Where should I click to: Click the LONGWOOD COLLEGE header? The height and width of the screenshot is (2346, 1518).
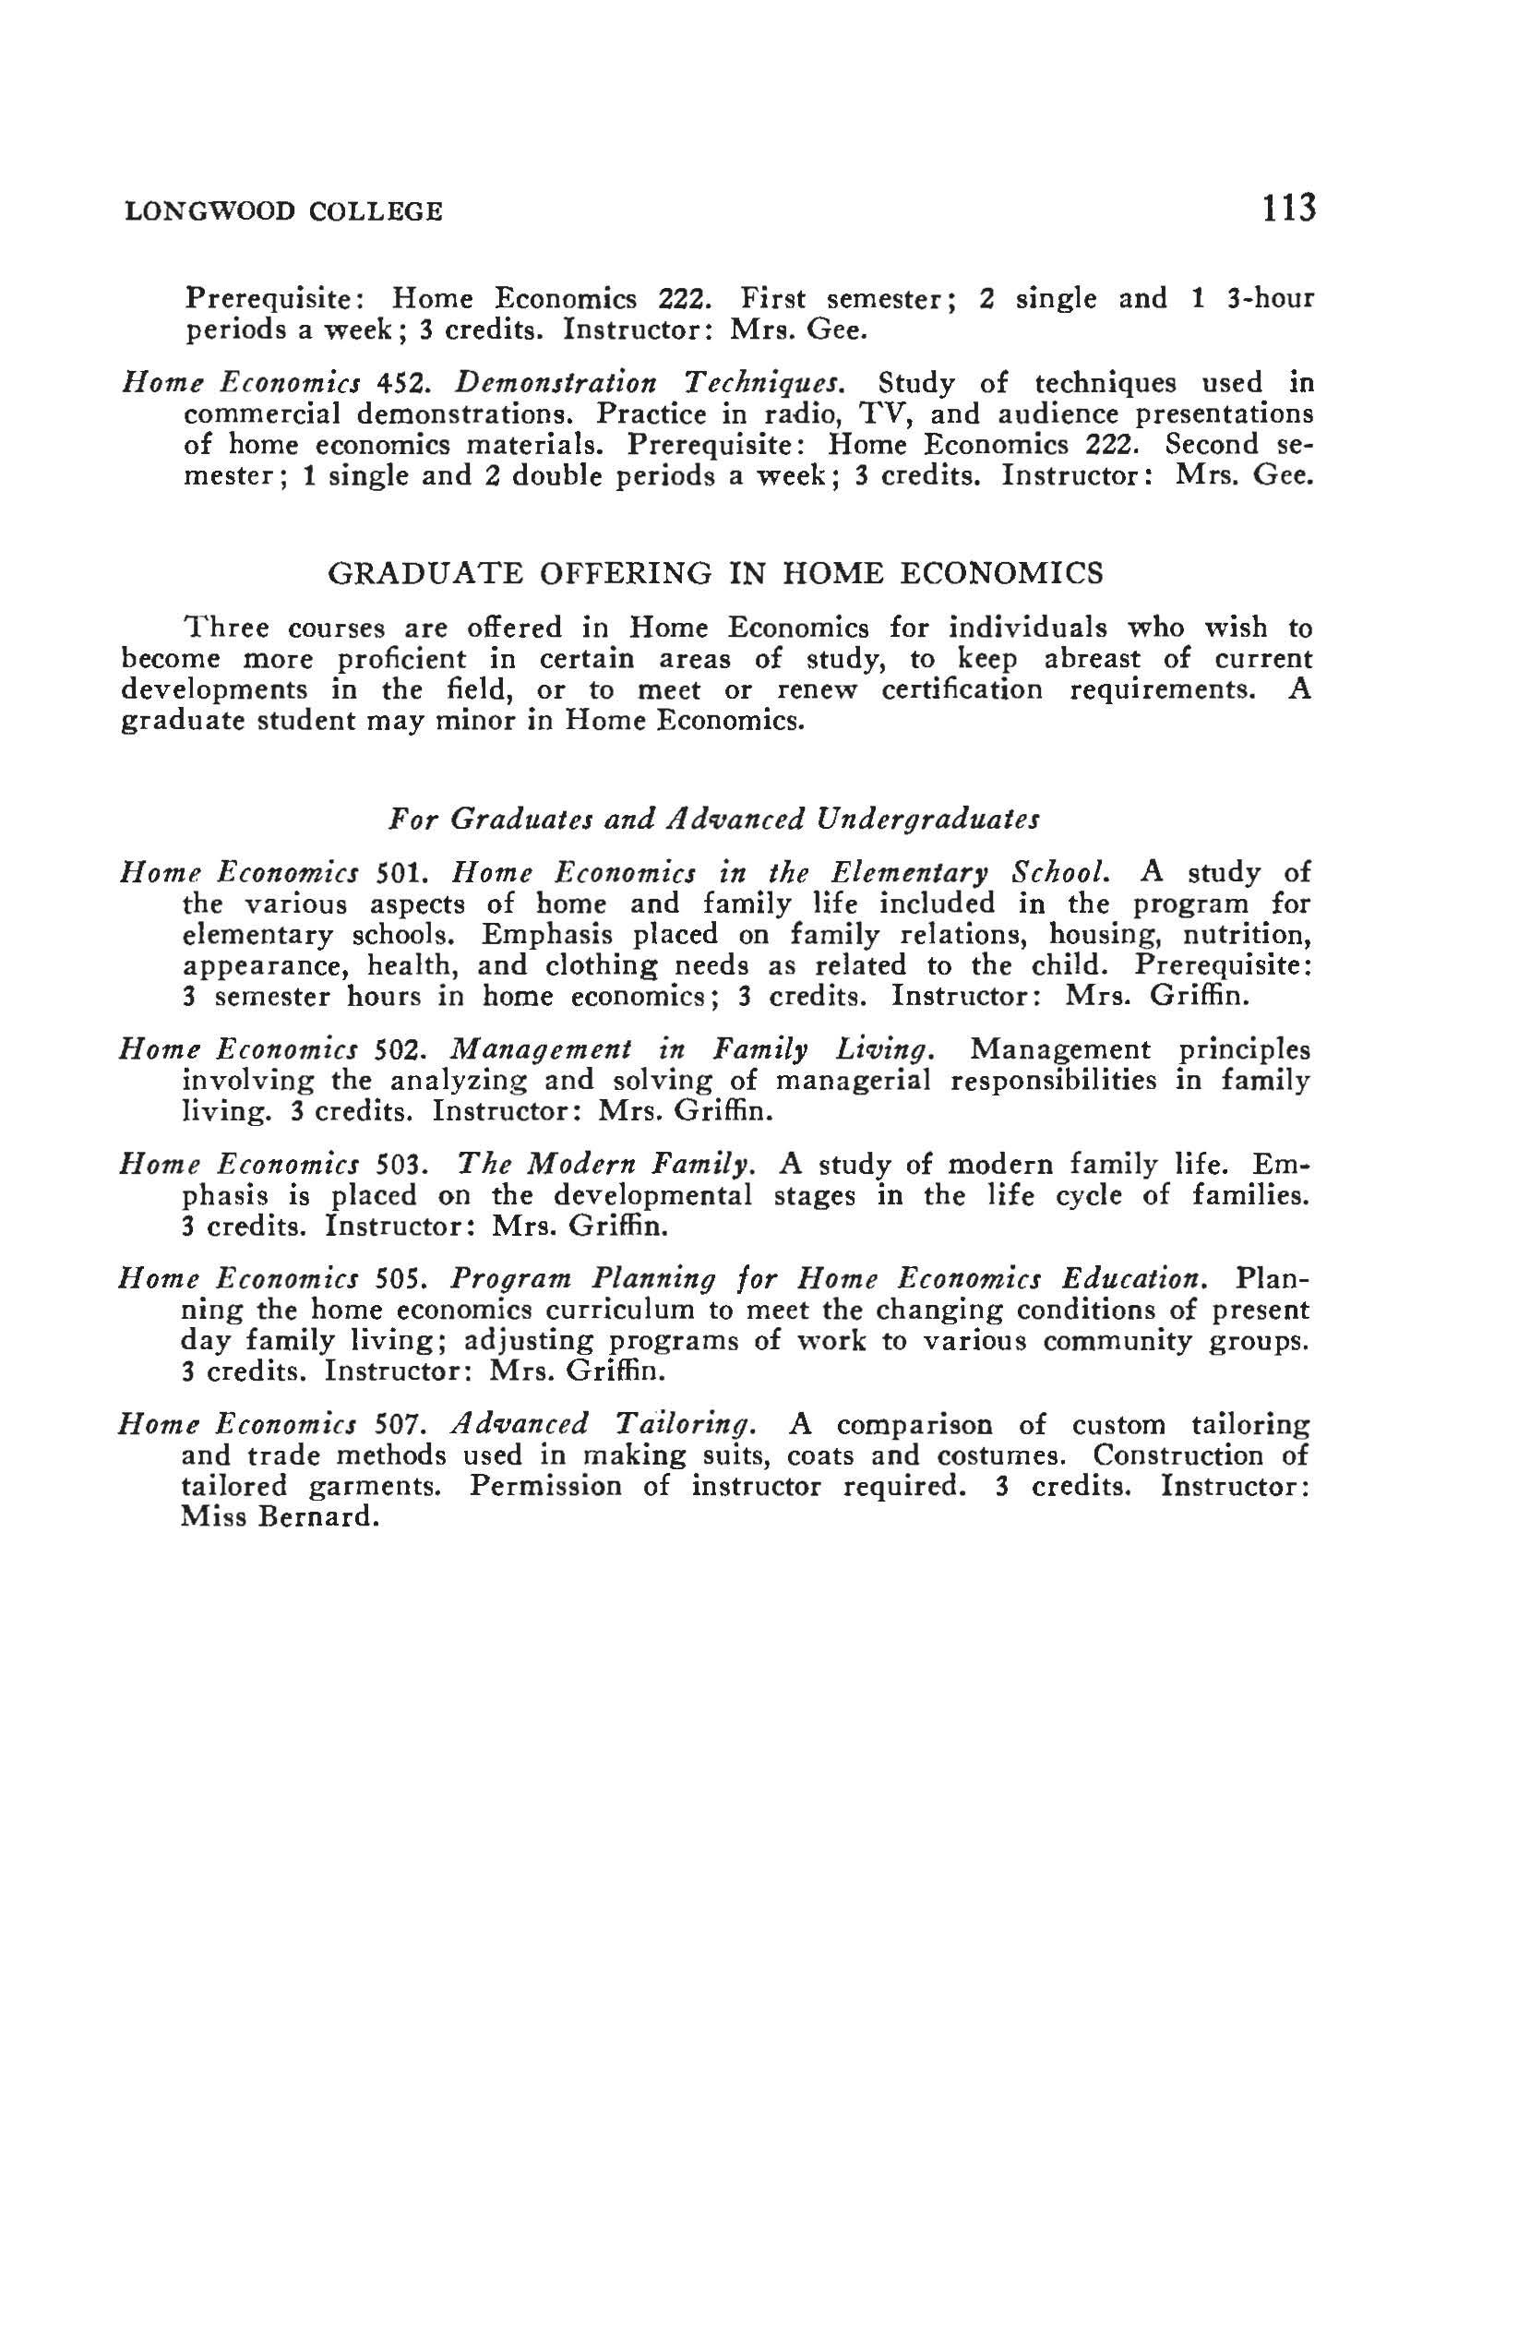(x=284, y=212)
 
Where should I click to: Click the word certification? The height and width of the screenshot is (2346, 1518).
(x=962, y=690)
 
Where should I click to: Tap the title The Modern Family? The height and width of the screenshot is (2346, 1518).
(x=606, y=1167)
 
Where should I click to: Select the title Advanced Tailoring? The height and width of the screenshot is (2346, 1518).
(x=604, y=1425)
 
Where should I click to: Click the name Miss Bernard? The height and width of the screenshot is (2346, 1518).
(x=280, y=1517)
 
